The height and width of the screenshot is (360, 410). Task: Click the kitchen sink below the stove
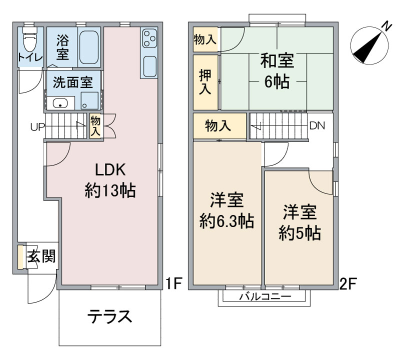coord(149,65)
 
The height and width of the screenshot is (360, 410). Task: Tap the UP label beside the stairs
coord(37,126)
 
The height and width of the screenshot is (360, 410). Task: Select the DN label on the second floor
coord(316,125)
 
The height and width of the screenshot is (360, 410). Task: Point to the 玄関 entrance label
coord(40,257)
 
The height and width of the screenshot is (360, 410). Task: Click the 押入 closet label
coord(205,82)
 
